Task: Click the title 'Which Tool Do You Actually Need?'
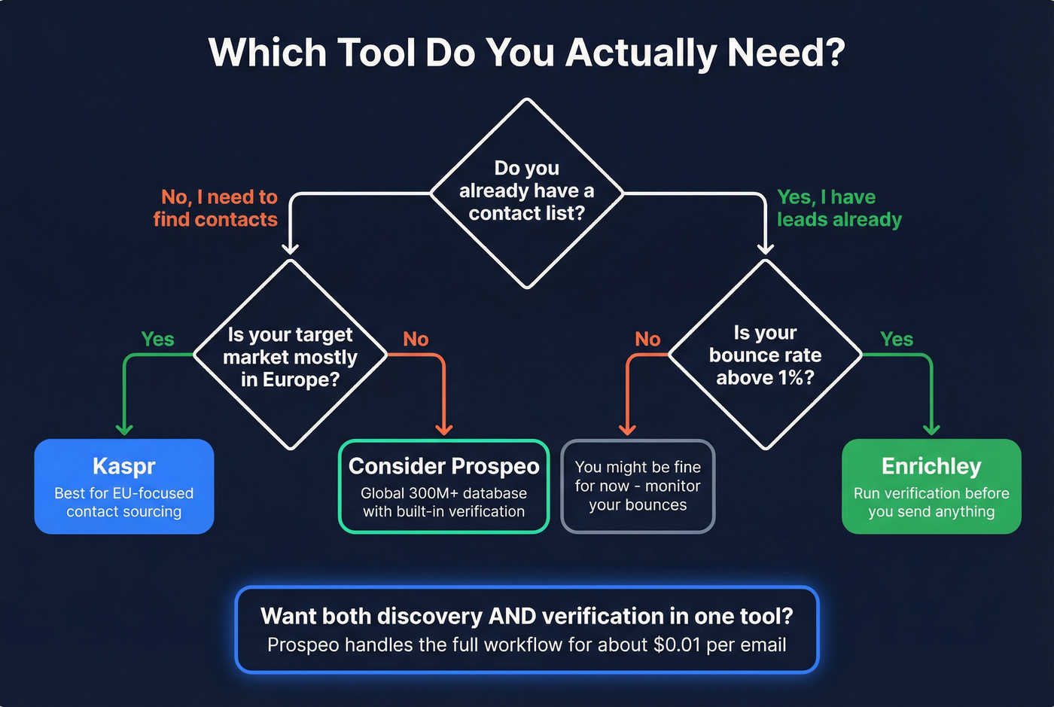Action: [x=526, y=53]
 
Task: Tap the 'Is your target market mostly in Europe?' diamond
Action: [x=290, y=356]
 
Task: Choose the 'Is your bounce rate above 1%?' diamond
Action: [x=765, y=355]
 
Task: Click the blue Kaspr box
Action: [x=124, y=486]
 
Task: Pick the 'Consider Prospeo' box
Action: [x=443, y=486]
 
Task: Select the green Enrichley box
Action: [x=931, y=486]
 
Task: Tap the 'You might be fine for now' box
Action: [x=638, y=486]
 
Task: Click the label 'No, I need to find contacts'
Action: [x=216, y=208]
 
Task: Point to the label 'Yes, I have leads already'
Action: [x=839, y=208]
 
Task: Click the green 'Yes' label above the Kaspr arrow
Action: [x=157, y=340]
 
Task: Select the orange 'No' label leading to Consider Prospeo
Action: [x=416, y=340]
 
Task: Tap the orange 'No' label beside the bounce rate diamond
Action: [x=647, y=340]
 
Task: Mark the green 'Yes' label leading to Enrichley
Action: [x=897, y=340]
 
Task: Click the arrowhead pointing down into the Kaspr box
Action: [x=124, y=429]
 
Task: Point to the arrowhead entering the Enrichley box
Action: [x=931, y=429]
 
